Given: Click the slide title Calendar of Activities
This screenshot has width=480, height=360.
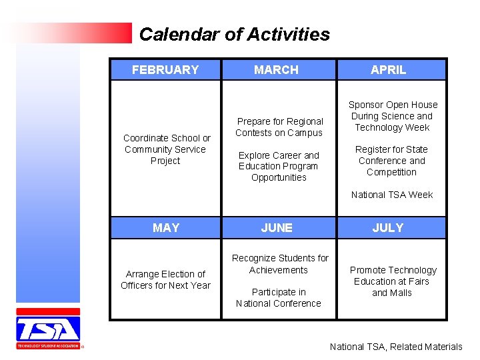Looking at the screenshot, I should click(234, 34).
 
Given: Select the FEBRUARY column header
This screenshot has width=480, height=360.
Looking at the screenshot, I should click(165, 70).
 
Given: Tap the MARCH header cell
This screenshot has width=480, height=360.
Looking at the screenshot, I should click(276, 70).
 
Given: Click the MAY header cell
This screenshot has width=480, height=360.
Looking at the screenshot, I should click(165, 228).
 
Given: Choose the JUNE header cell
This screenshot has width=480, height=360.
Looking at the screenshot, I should click(276, 228).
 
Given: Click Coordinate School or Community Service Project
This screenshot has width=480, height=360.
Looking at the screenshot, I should click(166, 149).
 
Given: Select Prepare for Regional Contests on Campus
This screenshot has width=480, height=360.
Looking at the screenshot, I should click(279, 127).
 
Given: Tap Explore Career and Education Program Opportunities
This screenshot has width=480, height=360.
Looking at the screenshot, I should click(279, 166).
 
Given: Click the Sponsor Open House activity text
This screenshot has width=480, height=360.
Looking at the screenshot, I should click(393, 116).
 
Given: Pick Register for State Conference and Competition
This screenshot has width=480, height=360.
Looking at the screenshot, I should click(391, 161).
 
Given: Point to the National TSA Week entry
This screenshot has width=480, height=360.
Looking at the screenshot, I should click(392, 195).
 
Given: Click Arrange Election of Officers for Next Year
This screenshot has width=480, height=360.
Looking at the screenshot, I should click(165, 279).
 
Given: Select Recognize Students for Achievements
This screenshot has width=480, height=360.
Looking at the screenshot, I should click(279, 264).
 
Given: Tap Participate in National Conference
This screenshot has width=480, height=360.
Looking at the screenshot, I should click(279, 297).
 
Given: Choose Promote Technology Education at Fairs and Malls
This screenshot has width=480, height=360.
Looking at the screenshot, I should click(393, 281).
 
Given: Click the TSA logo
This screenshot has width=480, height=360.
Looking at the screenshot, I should click(48, 329).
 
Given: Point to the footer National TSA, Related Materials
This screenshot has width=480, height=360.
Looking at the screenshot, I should click(395, 347).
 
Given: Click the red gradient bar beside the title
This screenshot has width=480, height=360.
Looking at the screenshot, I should click(73, 33).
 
